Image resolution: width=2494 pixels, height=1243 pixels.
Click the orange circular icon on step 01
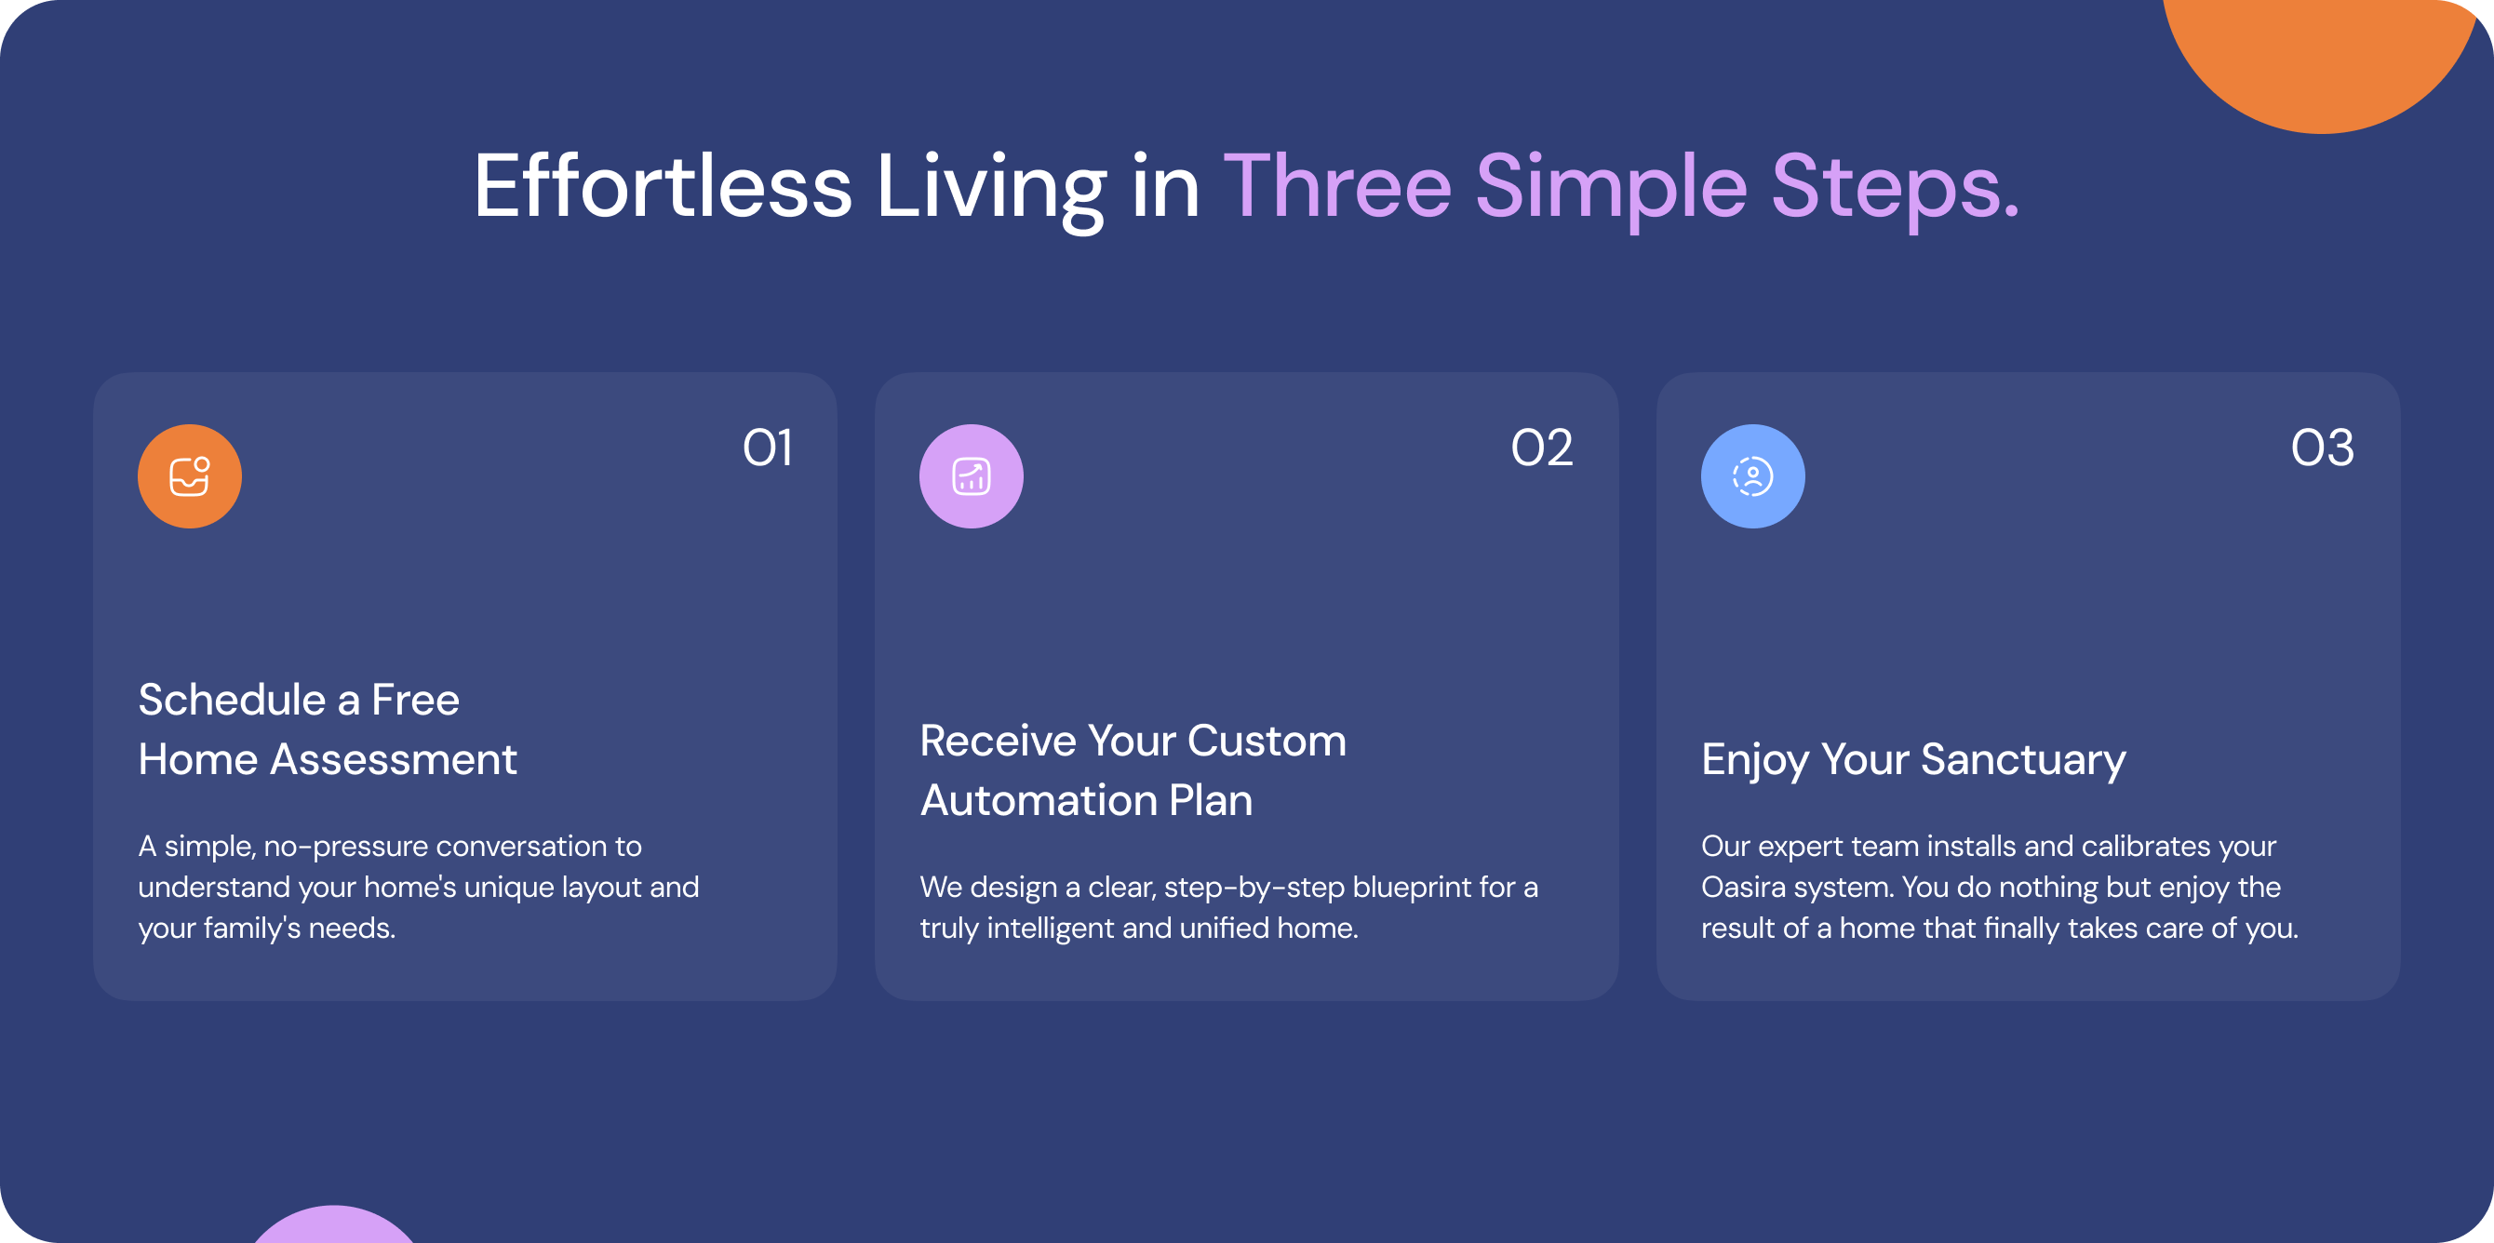(190, 476)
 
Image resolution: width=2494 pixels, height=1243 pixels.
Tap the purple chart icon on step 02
(971, 476)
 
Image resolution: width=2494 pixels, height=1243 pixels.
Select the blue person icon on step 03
(1752, 476)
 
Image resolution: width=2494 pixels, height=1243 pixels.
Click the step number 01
(768, 448)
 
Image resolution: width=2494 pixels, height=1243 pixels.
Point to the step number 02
(1542, 448)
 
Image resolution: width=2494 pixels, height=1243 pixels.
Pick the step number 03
(2323, 448)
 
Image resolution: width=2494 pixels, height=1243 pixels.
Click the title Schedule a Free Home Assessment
(328, 728)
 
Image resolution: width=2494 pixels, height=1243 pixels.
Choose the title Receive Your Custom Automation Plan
(1133, 770)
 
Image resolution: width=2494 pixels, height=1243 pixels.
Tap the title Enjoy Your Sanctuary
(1914, 760)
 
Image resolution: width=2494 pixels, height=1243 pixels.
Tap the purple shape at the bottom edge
(334, 1226)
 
